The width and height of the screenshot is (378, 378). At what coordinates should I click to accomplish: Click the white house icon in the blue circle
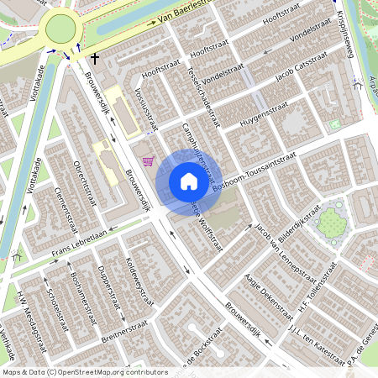pyautogui.click(x=188, y=181)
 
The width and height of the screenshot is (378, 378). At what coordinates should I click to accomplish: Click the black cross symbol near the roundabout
pyautogui.click(x=96, y=59)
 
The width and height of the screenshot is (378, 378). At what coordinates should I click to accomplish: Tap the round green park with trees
pyautogui.click(x=330, y=223)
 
